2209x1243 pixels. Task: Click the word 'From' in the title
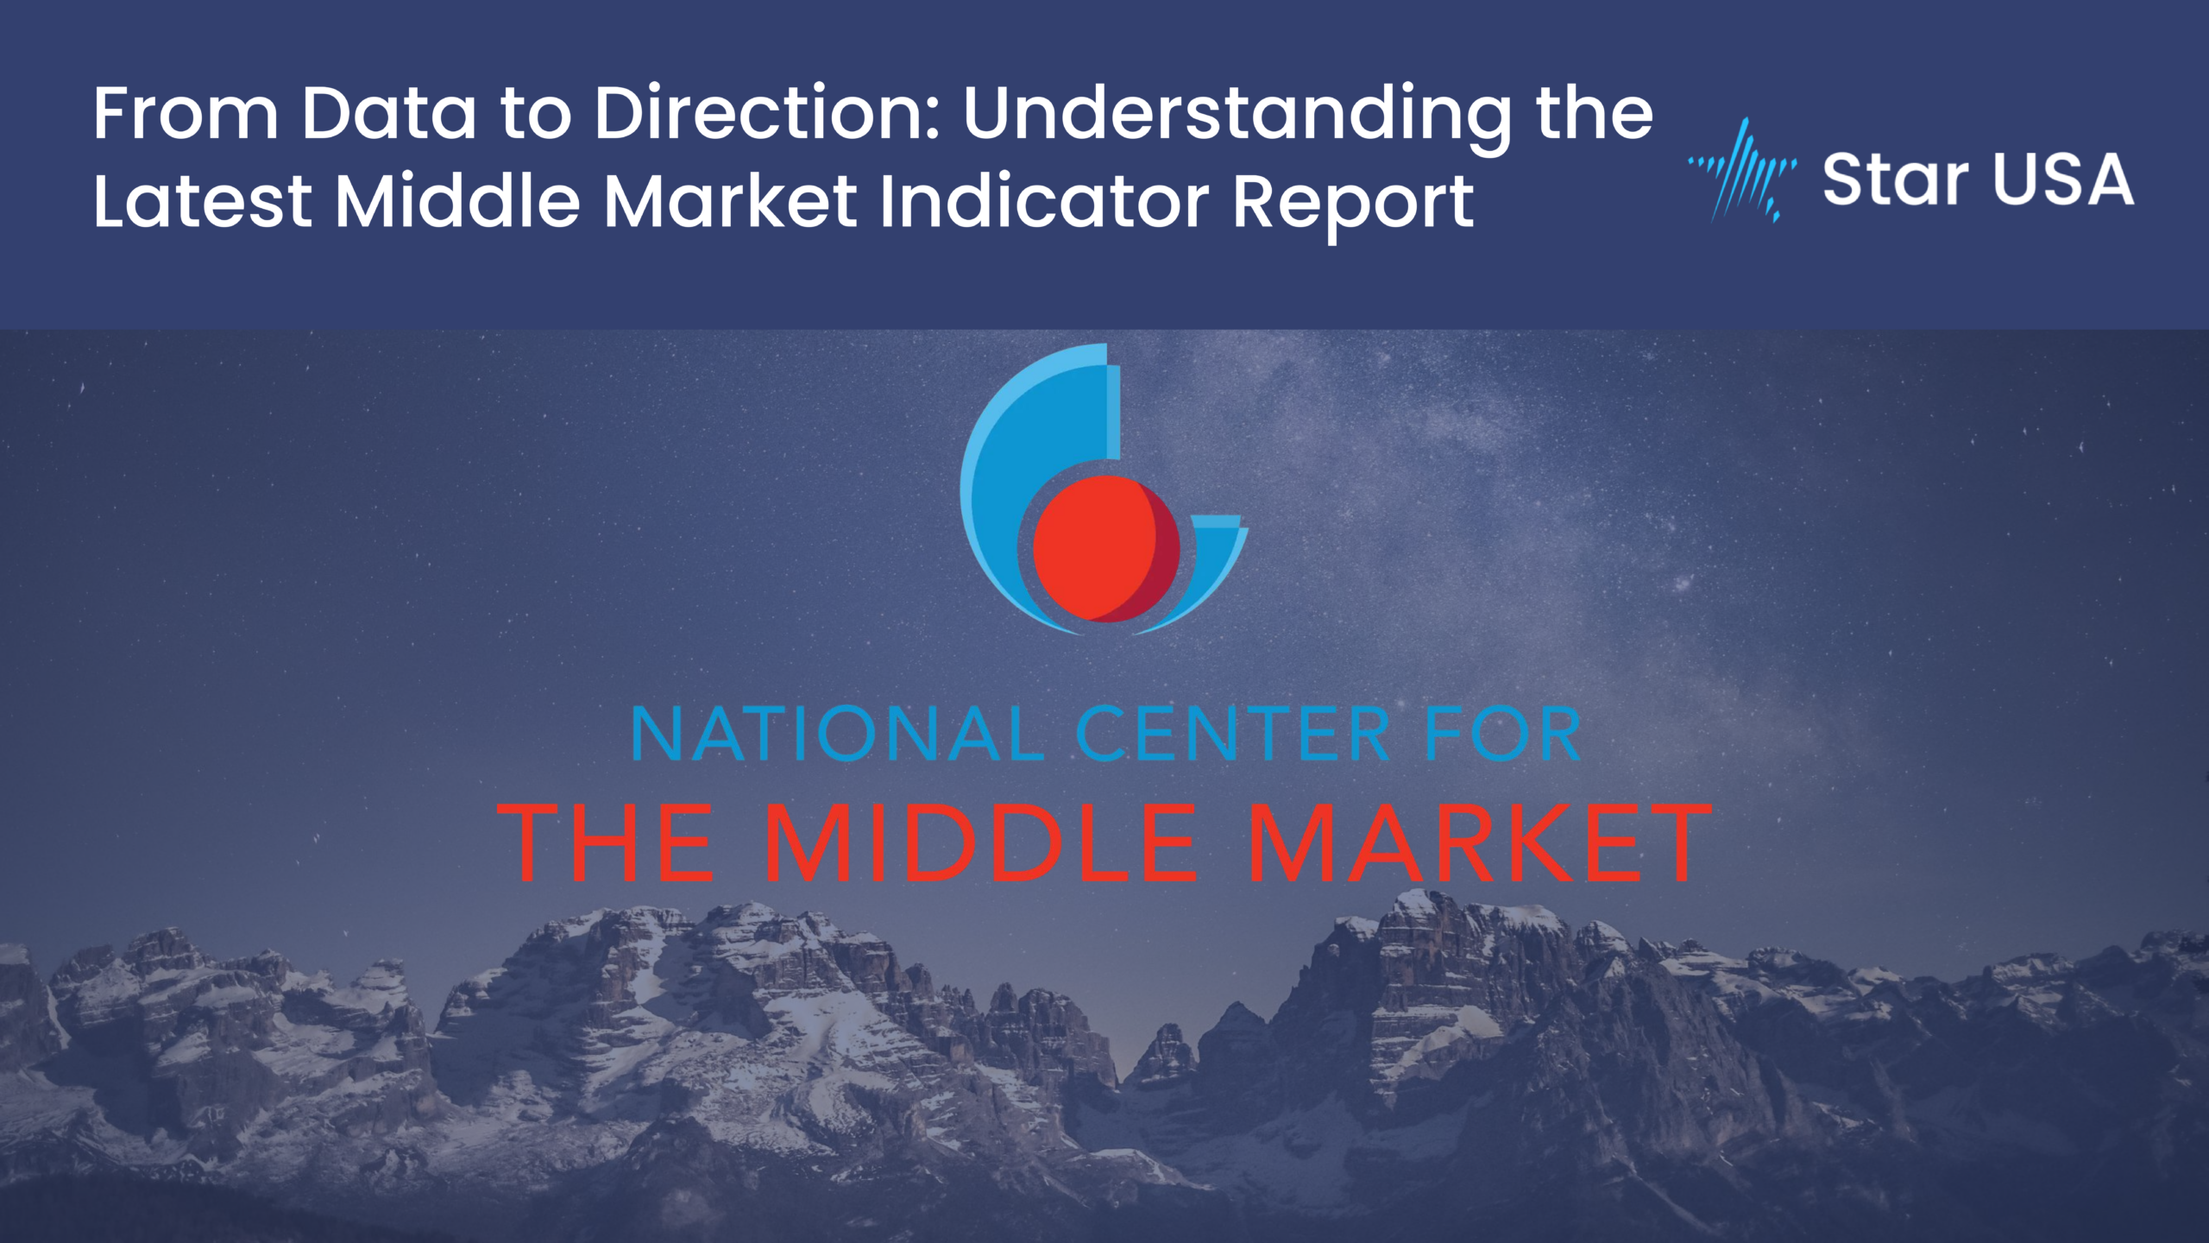[x=186, y=112]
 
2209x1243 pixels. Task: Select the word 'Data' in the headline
[x=388, y=112]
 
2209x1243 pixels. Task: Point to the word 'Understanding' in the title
[x=1237, y=119]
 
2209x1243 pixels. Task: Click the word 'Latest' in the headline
[x=202, y=201]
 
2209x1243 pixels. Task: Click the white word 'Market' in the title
[x=730, y=201]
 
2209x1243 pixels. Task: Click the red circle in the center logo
[x=1106, y=549]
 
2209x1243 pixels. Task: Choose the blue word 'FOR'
[x=1502, y=735]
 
